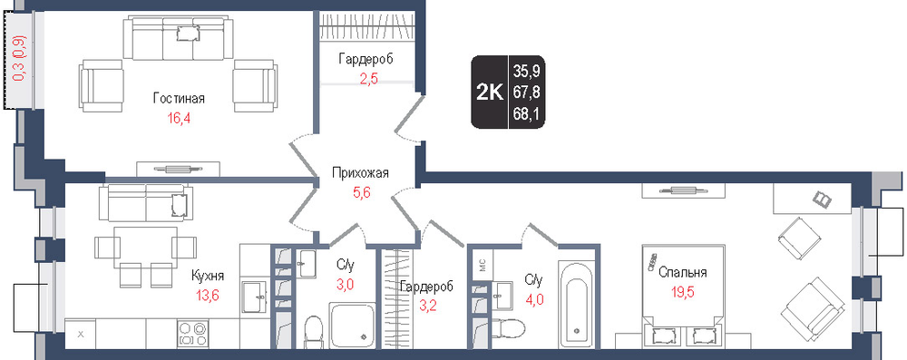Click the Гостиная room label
[179, 99]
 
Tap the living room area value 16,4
[180, 119]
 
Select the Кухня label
[208, 276]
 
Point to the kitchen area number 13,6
[208, 297]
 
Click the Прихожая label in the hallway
[360, 172]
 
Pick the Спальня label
[683, 273]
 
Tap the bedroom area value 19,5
[683, 292]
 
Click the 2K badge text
[490, 92]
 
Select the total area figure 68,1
[526, 114]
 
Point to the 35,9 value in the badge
[526, 72]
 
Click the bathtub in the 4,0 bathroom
[577, 304]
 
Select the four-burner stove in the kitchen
[193, 333]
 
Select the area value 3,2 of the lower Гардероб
[426, 306]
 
